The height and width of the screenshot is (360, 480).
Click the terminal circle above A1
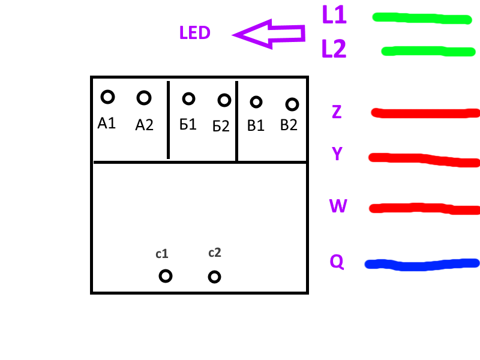coord(107,96)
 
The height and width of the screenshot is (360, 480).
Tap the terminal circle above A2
coord(143,97)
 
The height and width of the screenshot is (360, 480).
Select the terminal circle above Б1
coord(188,98)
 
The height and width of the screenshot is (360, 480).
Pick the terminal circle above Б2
coord(224,100)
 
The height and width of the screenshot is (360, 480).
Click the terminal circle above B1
coord(256,102)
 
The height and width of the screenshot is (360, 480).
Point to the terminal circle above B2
coord(292,104)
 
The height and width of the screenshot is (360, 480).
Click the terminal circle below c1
coord(166,276)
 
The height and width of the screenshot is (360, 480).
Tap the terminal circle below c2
coord(214,277)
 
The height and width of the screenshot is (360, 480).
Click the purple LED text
coord(194,33)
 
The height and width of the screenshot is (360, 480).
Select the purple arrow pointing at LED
coord(269,34)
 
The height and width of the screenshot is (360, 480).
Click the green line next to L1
coord(421,18)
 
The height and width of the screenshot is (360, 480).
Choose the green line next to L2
coord(428,52)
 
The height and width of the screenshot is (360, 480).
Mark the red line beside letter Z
coord(425,113)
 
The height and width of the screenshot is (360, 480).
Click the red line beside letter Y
coord(424,160)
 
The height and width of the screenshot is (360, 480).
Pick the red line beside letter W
coord(424,208)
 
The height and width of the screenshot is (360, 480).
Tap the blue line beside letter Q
coord(422,263)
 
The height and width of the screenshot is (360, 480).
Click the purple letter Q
coord(337,262)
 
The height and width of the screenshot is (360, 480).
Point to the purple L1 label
coord(334,15)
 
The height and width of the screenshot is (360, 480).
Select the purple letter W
coord(338,206)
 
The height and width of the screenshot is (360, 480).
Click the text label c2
coord(214,253)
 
